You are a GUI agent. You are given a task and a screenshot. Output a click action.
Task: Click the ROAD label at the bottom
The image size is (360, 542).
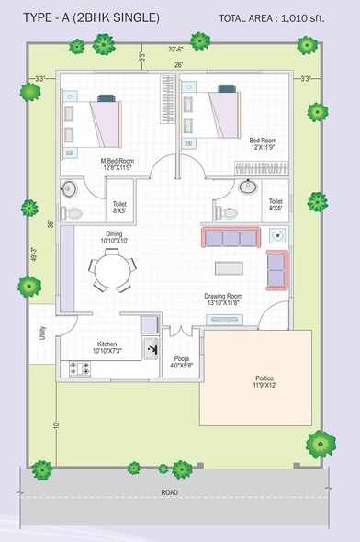pos(169,493)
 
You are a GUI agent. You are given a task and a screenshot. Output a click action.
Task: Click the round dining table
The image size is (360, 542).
pos(111,271)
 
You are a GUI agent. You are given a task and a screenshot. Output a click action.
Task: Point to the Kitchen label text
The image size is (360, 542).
pos(107,345)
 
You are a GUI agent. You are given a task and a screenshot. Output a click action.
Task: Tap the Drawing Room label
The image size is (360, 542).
pos(222,299)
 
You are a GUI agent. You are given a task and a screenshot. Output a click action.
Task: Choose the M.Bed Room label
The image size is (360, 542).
pos(118,164)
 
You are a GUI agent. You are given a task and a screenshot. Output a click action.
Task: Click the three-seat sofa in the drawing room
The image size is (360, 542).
pos(231,238)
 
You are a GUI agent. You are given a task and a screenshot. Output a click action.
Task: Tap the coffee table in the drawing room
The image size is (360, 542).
pos(229,268)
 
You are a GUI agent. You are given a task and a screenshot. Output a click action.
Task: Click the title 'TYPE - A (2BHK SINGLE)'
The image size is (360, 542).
pos(91,17)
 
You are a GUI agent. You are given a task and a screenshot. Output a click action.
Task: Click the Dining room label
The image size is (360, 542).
pos(114,237)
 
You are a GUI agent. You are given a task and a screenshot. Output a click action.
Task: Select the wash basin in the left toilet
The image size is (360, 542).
pos(70,190)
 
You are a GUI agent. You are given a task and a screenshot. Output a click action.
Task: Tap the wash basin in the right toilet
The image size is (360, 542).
pos(247,187)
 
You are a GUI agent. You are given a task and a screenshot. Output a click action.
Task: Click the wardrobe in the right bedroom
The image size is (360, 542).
pos(261,168)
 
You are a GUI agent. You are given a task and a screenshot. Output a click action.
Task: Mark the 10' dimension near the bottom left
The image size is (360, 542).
pos(56,425)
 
